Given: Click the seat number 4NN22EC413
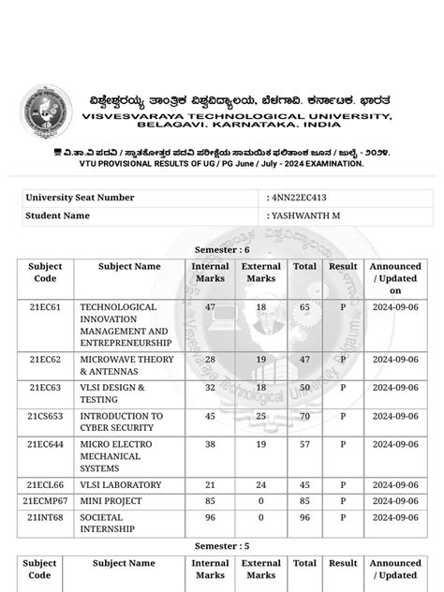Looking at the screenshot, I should (299, 198).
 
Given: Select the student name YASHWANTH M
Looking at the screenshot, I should (303, 215).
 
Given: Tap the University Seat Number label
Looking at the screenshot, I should (80, 198).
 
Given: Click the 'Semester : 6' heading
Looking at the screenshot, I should (222, 250).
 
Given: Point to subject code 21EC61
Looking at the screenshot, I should (45, 307).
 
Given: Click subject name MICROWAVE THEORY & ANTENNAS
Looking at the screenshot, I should (126, 365).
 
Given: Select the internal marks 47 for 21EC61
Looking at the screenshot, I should (210, 307).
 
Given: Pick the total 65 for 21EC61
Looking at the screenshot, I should (304, 307).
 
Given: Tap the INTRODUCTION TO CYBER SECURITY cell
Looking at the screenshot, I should (121, 422).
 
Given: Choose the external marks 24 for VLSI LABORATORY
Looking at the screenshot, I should (260, 485).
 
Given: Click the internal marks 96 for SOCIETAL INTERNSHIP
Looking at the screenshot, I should (210, 517).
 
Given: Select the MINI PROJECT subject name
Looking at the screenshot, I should (111, 501).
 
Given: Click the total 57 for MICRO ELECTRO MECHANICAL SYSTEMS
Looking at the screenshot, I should (304, 444).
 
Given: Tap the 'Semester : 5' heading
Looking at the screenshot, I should (222, 545).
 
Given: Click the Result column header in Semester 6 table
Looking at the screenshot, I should (343, 266).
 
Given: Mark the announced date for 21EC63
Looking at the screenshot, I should (395, 388).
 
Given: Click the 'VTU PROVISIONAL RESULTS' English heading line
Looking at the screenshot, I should (221, 163).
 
